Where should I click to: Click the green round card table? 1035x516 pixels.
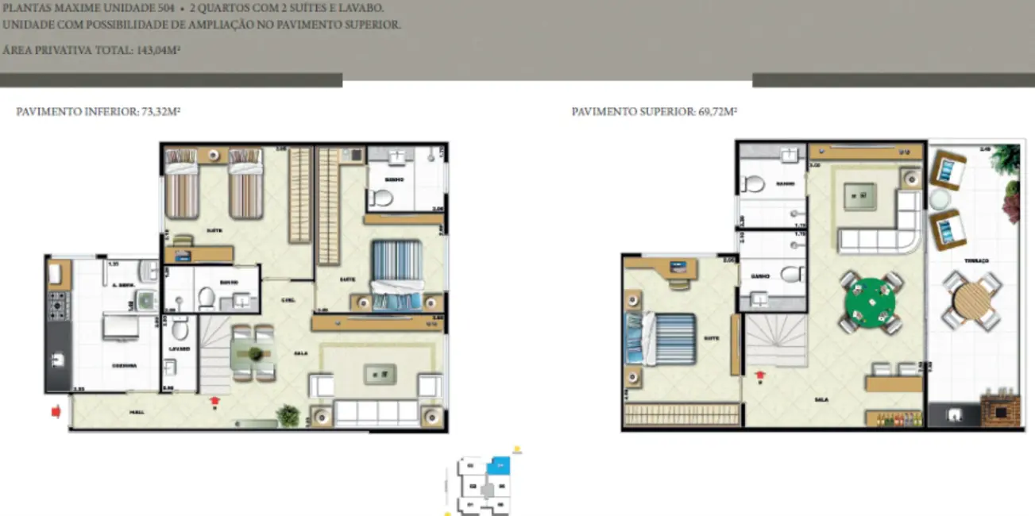871,302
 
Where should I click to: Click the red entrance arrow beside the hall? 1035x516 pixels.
56,411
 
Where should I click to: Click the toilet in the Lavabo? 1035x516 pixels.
180,328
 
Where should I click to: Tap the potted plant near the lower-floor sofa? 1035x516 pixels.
287,414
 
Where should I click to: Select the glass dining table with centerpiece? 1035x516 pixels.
253,354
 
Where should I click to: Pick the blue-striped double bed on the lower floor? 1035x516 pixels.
396,275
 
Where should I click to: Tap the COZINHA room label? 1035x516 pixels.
124,366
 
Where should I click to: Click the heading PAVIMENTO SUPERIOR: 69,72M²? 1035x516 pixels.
654,112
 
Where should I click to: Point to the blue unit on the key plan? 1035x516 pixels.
500,465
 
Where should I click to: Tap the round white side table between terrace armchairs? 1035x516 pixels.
940,198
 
